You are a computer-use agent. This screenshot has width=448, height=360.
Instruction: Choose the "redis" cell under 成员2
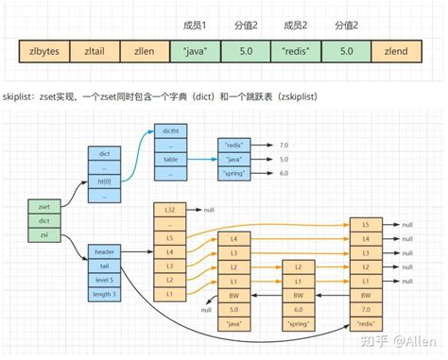pos(297,49)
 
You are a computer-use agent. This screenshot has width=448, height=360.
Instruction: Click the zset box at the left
pos(44,206)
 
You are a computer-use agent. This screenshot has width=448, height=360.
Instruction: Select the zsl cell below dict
pos(44,233)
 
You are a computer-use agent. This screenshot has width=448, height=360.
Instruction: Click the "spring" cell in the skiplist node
pos(298,324)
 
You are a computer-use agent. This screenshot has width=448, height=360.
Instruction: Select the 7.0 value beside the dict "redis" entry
pos(284,145)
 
